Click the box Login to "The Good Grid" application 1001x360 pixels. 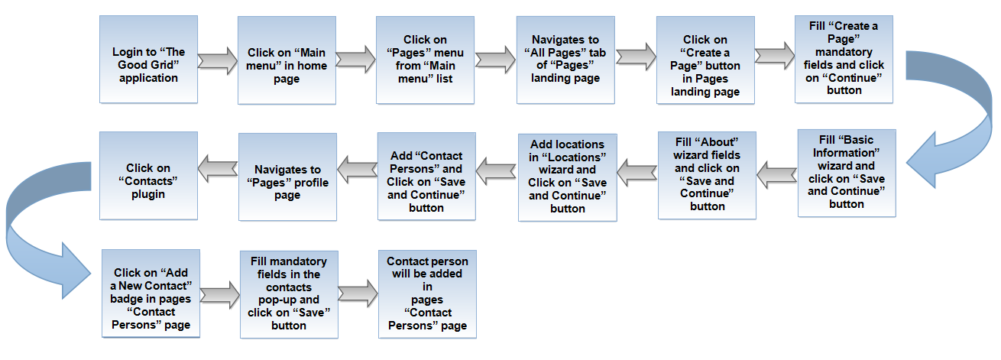pos(148,60)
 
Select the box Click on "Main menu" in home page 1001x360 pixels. pos(287,60)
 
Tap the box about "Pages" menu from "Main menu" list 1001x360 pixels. pos(425,60)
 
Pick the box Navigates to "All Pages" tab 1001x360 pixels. pos(565,60)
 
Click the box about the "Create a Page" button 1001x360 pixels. pos(705,60)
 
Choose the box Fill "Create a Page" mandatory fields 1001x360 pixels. pos(844,60)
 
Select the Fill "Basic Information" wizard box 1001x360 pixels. pos(847,173)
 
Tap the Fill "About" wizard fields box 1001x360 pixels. pos(707,175)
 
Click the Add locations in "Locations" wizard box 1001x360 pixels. pos(568,177)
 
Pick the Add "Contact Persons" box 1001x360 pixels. pos(426,177)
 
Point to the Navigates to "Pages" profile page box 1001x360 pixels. pos(287,177)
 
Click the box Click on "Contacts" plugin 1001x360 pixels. pos(148,176)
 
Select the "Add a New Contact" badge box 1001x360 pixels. pos(151,294)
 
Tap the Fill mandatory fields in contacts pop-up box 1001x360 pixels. pos(289,294)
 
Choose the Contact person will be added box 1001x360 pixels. pos(427,294)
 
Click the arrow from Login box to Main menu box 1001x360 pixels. pos(218,61)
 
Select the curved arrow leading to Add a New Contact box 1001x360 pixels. pos(14,224)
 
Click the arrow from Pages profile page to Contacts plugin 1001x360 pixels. pos(218,169)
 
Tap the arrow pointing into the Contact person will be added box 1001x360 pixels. pos(358,294)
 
